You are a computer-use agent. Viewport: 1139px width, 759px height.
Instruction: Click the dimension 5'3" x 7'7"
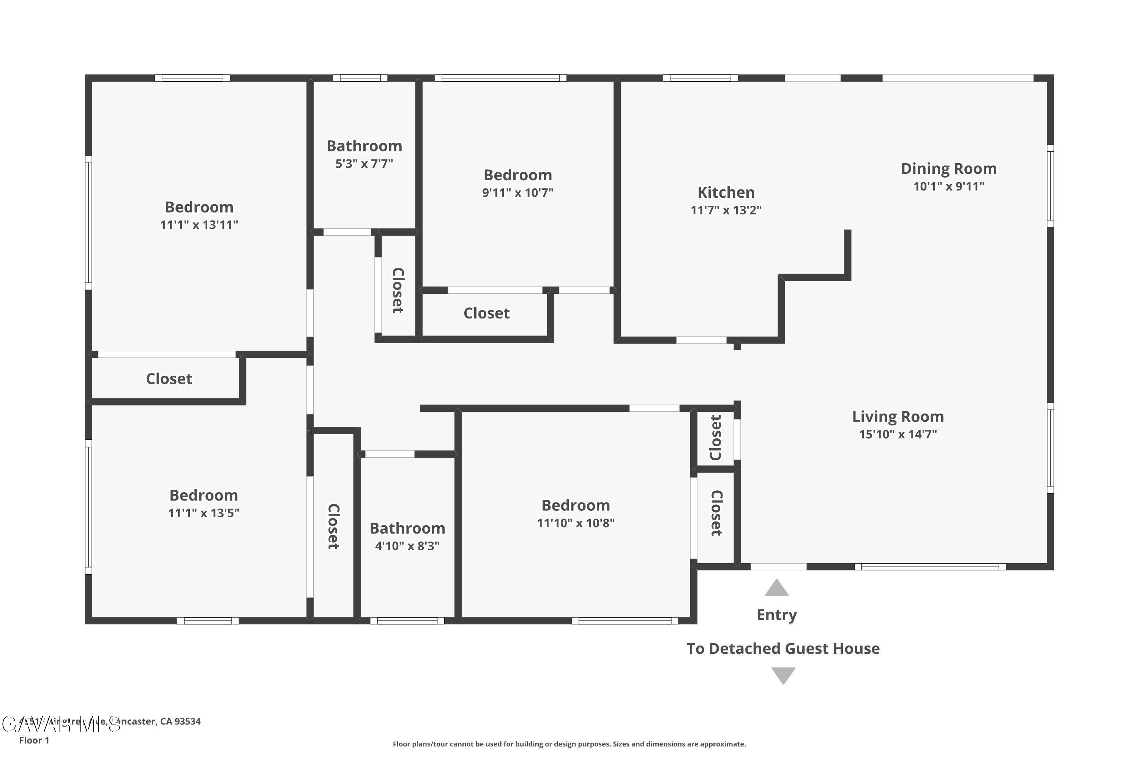pos(364,164)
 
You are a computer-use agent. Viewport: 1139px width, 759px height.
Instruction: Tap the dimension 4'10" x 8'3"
pos(407,546)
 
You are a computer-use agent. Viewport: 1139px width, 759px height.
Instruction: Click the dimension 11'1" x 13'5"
pos(204,513)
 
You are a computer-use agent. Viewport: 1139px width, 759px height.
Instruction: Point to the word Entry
pos(776,615)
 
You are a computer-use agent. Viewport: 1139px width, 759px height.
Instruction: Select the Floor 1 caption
pos(34,740)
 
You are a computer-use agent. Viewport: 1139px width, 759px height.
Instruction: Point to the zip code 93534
pos(188,721)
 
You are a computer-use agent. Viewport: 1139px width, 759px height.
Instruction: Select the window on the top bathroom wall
pos(360,78)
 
